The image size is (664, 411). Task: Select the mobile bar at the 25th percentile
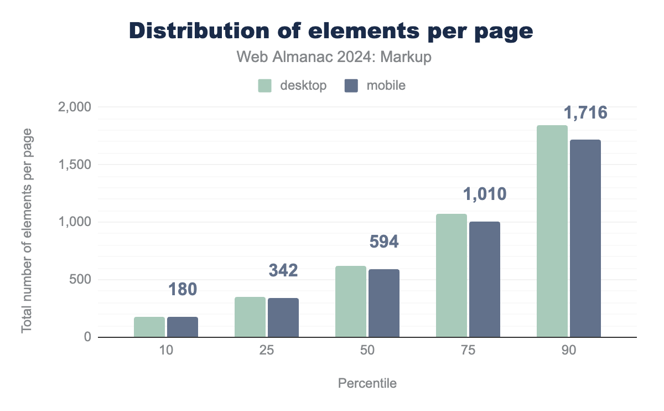pos(283,317)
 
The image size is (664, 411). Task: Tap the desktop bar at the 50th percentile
pos(351,301)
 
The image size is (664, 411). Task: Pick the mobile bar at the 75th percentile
pos(485,279)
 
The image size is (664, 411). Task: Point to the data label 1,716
pos(585,113)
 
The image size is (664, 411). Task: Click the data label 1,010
pos(485,194)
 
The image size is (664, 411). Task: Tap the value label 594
pos(384,242)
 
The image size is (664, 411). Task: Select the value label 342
pos(283,270)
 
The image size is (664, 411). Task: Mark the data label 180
pos(183,289)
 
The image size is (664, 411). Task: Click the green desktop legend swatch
pos(264,86)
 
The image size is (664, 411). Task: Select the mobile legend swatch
pos(351,86)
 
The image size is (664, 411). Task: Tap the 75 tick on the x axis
pos(468,351)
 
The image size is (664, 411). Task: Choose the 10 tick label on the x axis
pos(166,351)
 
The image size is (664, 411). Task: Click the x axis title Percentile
pos(367,383)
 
